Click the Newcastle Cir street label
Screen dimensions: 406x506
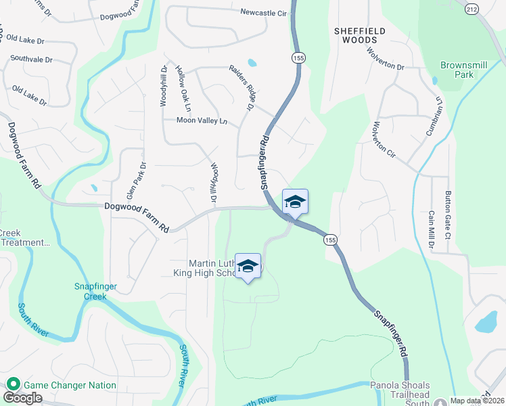pyautogui.click(x=263, y=12)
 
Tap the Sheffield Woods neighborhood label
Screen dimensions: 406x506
pyautogui.click(x=360, y=35)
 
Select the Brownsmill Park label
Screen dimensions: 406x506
pyautogui.click(x=457, y=70)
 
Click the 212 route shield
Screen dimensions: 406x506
pyautogui.click(x=472, y=9)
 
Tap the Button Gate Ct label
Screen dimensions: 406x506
pyautogui.click(x=447, y=215)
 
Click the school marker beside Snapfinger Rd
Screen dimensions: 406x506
pyautogui.click(x=295, y=202)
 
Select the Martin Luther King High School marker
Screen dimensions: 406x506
pyautogui.click(x=248, y=267)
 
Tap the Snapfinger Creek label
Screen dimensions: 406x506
pyautogui.click(x=95, y=291)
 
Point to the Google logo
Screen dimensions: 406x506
pyautogui.click(x=22, y=398)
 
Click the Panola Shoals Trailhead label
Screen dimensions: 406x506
pyautogui.click(x=400, y=390)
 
